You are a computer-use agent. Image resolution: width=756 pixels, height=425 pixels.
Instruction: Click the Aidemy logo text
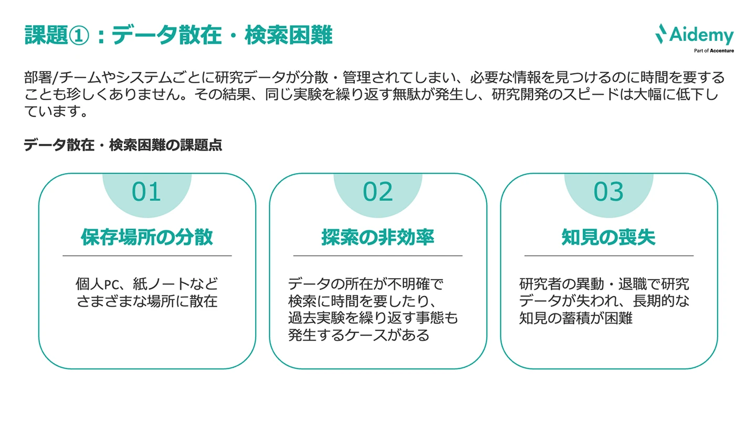tap(702, 36)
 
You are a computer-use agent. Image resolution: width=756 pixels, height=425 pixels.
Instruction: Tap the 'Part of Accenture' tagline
tap(713, 51)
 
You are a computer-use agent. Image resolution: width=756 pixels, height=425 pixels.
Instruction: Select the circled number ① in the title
tap(80, 36)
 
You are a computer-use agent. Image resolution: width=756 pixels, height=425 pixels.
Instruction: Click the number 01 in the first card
tap(146, 192)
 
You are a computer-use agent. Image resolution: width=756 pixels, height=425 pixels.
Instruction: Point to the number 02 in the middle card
tap(377, 192)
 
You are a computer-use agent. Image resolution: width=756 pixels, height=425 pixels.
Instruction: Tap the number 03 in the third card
tap(608, 192)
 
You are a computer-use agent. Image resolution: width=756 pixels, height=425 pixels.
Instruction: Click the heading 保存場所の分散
tap(147, 237)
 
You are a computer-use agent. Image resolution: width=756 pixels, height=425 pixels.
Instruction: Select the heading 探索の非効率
tap(377, 237)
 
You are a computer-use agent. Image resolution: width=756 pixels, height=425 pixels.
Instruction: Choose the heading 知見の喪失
tap(608, 237)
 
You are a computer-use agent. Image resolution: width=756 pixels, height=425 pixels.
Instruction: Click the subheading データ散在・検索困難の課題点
tap(123, 145)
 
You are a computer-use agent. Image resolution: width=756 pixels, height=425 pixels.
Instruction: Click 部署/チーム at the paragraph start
tap(55, 78)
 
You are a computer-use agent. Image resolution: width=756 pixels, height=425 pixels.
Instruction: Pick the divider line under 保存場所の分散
tap(147, 256)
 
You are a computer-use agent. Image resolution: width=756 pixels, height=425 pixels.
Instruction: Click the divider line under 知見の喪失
tap(608, 256)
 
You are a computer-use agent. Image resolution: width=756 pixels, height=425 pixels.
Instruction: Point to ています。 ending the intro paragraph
tap(55, 112)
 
